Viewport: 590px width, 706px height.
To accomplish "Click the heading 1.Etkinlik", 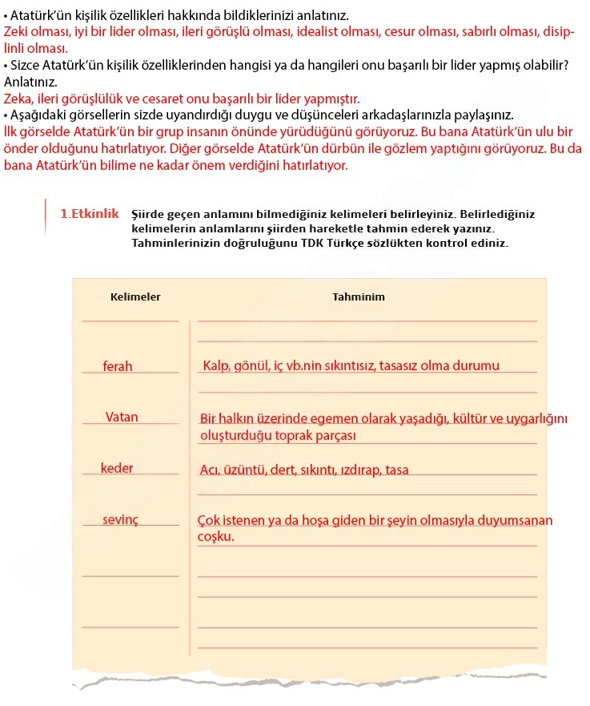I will tap(90, 214).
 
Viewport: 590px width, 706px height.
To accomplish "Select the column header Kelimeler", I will tap(135, 297).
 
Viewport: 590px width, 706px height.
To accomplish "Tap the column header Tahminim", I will tap(359, 297).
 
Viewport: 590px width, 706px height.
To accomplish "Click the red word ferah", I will tap(118, 366).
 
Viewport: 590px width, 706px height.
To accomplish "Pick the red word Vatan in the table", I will tap(122, 417).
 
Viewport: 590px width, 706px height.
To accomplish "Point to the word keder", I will tap(117, 468).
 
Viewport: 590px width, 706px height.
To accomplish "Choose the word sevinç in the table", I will tap(120, 519).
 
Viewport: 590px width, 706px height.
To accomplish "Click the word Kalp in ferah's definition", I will tap(216, 366).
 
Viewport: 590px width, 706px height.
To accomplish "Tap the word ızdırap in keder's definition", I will tap(359, 470).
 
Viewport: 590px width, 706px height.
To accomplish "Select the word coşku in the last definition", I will tap(215, 536).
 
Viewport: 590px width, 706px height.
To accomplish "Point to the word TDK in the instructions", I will tap(315, 242).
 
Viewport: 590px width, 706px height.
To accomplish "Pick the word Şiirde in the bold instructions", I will tap(149, 215).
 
